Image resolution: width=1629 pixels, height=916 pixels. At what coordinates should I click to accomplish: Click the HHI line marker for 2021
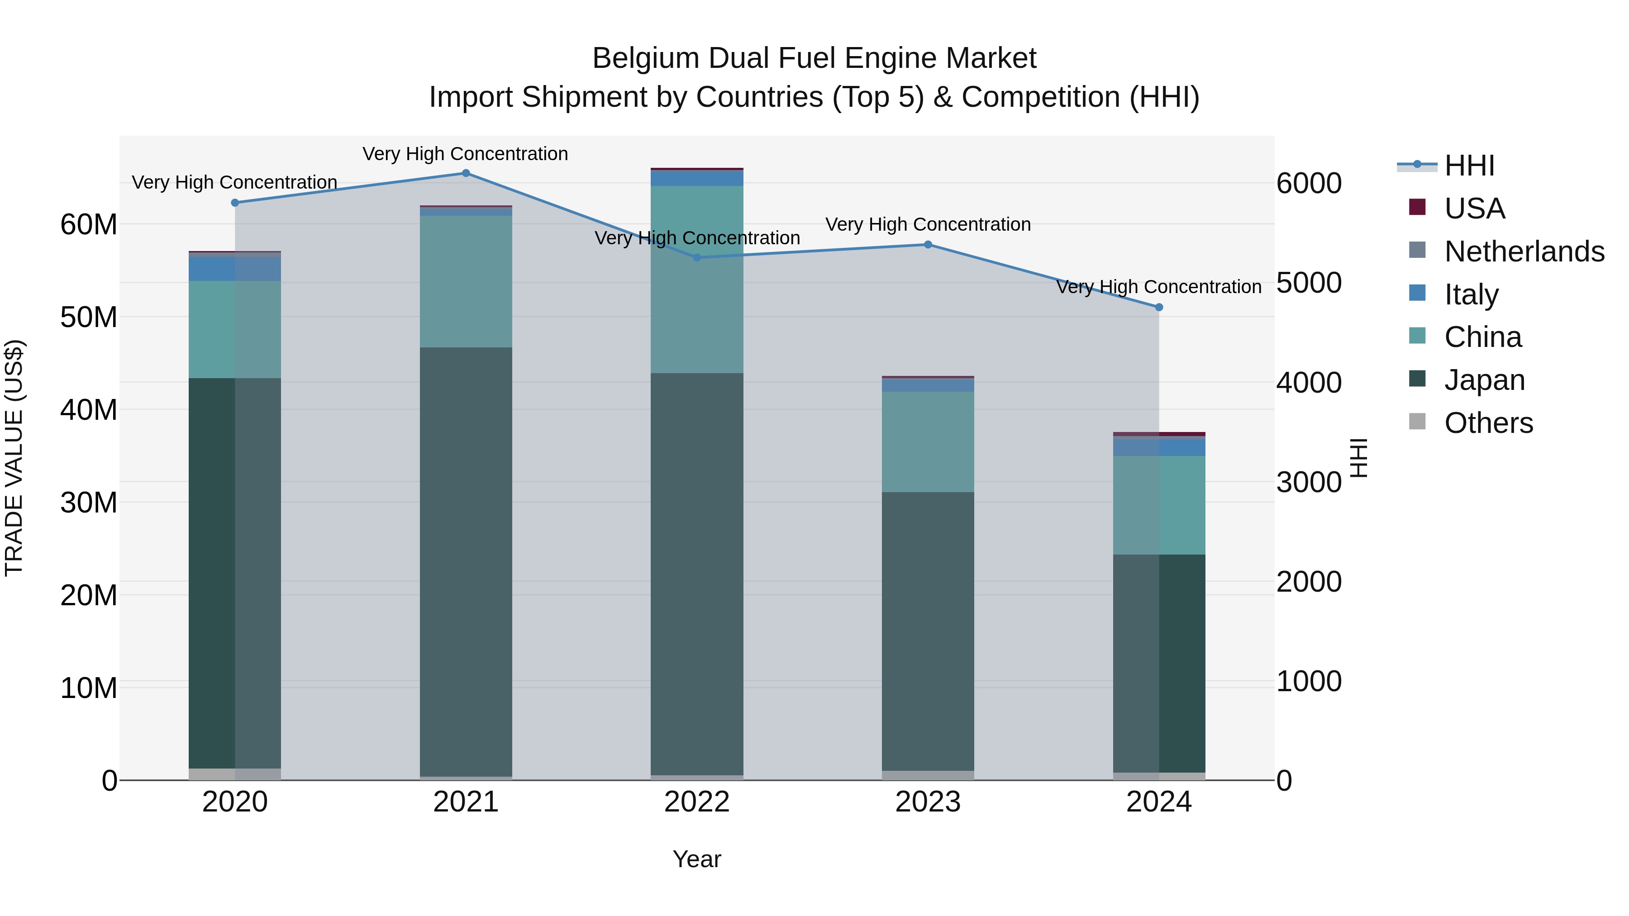(466, 173)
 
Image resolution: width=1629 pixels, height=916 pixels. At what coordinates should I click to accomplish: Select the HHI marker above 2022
(697, 257)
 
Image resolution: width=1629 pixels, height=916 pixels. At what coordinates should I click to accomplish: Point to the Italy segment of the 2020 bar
(234, 269)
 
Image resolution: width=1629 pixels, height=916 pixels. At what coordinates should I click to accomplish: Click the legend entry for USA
(1473, 209)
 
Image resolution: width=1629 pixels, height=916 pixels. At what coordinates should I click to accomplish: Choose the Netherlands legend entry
(1524, 252)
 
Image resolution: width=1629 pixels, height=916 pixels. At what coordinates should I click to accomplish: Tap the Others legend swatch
(1417, 422)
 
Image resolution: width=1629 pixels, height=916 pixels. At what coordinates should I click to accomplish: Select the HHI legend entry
(1469, 166)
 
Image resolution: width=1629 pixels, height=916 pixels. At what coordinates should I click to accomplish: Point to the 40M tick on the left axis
(89, 410)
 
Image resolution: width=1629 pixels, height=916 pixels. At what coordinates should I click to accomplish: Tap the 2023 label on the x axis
(928, 802)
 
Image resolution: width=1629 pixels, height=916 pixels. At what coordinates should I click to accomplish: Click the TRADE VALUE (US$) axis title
(14, 458)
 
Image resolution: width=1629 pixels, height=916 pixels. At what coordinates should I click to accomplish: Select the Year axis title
(697, 859)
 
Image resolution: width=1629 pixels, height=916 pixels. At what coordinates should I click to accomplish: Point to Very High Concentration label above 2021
(466, 154)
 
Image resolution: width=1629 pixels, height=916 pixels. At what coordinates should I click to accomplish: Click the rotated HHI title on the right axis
(1359, 458)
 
